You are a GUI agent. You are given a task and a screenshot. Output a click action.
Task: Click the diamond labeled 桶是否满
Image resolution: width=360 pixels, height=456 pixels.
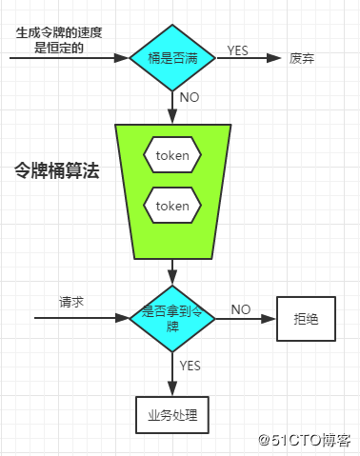[171, 58]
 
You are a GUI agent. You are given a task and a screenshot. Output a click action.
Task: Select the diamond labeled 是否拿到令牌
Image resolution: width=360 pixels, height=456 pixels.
[171, 318]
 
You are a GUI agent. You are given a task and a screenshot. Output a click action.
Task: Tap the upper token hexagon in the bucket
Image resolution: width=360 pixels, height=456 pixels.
[172, 154]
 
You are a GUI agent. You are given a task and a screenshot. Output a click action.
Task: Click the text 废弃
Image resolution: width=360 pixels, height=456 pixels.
[302, 59]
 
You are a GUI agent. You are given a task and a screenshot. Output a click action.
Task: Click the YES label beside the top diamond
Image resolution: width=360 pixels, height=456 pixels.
[240, 48]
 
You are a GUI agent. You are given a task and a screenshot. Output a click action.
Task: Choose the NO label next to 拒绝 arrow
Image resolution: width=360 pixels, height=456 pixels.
[241, 309]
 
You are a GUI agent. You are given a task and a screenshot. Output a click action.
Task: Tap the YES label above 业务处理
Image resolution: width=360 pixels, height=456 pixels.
[190, 364]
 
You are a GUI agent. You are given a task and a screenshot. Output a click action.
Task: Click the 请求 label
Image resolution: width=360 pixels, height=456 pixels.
[71, 302]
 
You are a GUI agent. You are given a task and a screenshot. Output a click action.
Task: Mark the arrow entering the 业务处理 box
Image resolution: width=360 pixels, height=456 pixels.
[171, 375]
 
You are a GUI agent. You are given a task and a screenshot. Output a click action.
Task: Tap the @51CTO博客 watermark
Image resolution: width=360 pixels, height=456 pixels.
[306, 441]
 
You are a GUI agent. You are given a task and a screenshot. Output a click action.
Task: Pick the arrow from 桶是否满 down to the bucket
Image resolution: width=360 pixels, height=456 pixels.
[171, 107]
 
